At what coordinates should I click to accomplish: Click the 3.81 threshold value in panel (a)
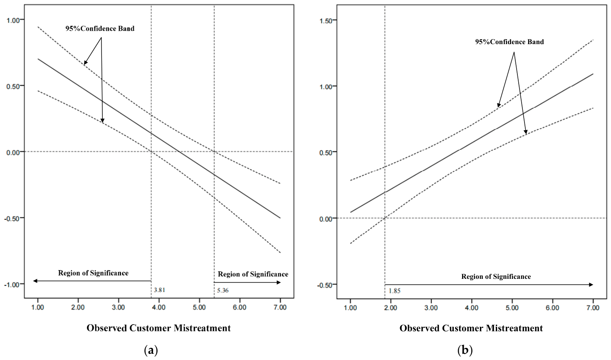click(160, 290)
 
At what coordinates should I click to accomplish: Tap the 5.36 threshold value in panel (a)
click(223, 290)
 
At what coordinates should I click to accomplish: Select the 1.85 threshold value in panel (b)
click(394, 291)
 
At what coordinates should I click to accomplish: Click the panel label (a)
click(151, 350)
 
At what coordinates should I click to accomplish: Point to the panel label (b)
click(465, 350)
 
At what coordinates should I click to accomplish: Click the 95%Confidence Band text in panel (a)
click(100, 29)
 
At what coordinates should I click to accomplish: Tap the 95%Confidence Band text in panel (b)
click(510, 42)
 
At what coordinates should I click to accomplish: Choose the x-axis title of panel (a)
click(159, 328)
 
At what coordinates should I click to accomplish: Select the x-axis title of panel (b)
click(471, 328)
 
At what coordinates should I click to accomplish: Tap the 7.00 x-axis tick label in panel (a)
click(280, 307)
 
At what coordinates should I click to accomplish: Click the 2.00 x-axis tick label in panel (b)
click(391, 308)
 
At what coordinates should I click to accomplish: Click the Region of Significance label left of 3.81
click(93, 273)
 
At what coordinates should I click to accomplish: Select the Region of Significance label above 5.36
click(253, 274)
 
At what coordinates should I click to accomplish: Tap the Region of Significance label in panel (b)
click(496, 277)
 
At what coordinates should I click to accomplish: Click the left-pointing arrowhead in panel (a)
click(35, 281)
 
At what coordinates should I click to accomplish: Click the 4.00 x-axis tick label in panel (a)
click(159, 307)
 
